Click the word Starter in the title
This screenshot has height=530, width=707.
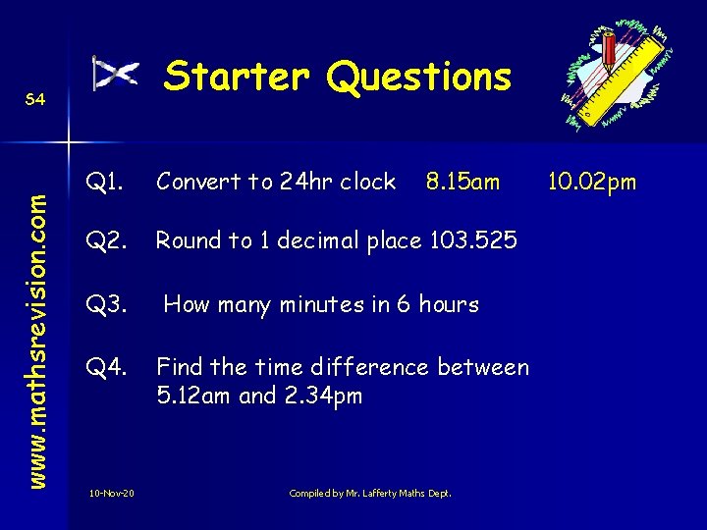(236, 77)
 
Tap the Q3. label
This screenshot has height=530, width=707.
(105, 304)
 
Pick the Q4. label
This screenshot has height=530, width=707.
(105, 368)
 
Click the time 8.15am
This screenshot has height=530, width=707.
(462, 182)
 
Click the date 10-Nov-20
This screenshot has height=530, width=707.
(112, 493)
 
